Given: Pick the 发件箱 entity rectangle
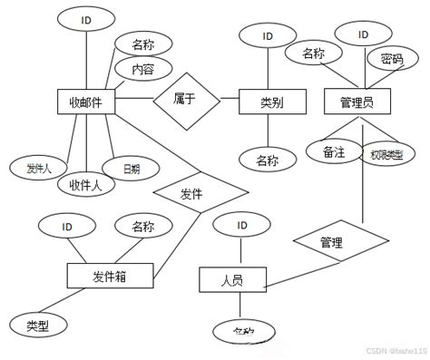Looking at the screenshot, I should (110, 277).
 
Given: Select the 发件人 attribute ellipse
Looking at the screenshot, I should (38, 168).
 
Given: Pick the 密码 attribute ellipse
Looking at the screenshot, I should (392, 61).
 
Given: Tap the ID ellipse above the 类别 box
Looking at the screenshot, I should (268, 36).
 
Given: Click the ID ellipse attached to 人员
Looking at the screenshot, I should (240, 226).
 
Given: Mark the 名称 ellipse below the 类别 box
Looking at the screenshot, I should (268, 161).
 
